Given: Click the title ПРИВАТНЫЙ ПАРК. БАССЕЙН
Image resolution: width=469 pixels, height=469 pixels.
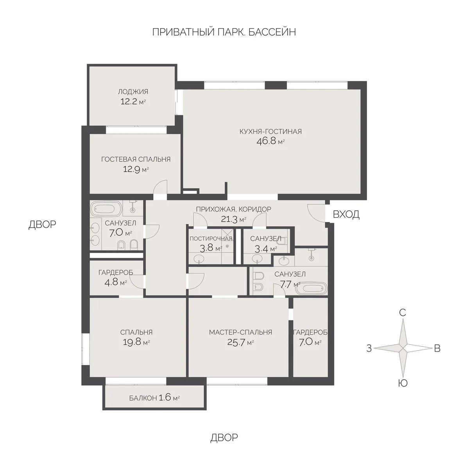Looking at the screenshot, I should tap(224, 32).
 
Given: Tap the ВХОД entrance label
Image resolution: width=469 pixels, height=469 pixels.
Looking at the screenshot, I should tap(346, 215).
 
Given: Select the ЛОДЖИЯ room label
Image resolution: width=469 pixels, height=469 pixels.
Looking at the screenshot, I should tap(133, 92).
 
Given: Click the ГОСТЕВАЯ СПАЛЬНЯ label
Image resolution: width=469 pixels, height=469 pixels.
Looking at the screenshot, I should tap(136, 159).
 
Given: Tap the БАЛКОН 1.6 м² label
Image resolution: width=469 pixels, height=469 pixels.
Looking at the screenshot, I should tap(154, 399).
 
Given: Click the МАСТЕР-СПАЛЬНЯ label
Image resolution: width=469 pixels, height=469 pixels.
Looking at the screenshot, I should tap(240, 333).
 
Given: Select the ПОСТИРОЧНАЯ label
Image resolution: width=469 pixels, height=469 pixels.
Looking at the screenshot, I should tap(211, 238).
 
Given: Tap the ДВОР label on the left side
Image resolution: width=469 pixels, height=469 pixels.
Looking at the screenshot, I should tap(42, 224).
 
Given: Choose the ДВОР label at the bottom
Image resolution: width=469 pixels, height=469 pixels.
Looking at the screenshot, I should tap(224, 437).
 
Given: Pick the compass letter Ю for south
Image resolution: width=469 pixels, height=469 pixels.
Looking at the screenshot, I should tap(403, 383).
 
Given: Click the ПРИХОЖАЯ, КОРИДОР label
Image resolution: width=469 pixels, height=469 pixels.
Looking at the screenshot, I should tap(233, 209).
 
